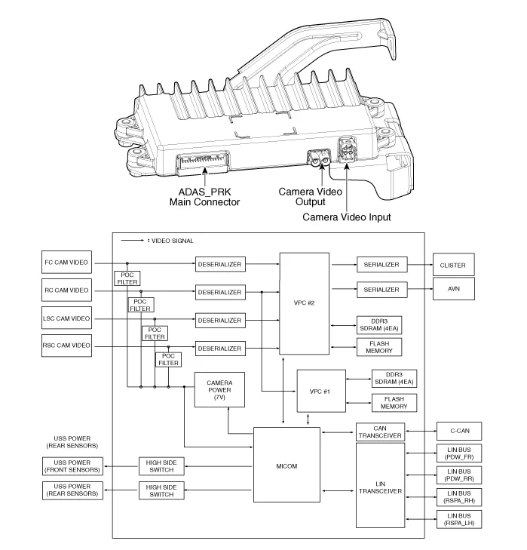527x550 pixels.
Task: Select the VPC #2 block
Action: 304,305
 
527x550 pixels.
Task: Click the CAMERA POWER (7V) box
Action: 219,389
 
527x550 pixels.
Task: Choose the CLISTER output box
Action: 456,265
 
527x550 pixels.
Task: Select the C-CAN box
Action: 456,432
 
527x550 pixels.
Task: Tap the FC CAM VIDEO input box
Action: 66,265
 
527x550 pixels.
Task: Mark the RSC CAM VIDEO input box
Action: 66,346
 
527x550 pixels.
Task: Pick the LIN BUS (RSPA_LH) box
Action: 456,518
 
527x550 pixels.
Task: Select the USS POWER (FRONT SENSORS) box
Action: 74,466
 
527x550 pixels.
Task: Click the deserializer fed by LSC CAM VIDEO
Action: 219,321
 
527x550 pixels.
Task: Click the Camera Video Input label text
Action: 347,217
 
